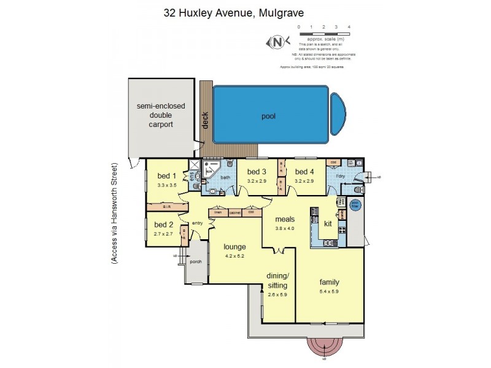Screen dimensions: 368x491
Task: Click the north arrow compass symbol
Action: click(277, 43)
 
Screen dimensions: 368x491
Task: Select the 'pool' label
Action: click(268, 115)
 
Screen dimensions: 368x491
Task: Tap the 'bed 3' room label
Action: click(257, 172)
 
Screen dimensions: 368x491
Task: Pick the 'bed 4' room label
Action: click(304, 172)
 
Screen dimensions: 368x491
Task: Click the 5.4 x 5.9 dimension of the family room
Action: click(329, 291)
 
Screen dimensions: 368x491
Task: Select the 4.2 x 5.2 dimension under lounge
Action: click(234, 256)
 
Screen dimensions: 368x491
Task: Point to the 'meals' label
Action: click(285, 219)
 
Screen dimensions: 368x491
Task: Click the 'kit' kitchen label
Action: click(328, 224)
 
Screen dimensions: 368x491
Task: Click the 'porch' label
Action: click(196, 262)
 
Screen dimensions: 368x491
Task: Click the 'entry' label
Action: click(197, 223)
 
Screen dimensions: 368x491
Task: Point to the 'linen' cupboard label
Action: click(218, 213)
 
